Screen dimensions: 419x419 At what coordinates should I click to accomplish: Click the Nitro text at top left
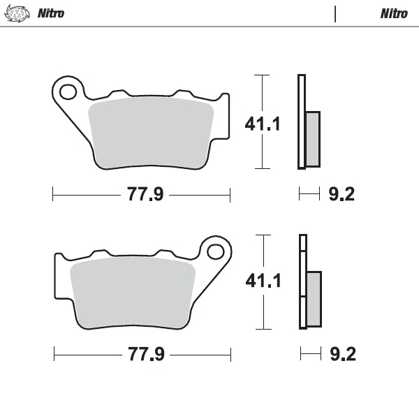[50, 13]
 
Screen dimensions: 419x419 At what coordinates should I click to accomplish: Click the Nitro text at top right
[394, 13]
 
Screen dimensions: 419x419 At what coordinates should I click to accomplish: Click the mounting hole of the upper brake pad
[68, 91]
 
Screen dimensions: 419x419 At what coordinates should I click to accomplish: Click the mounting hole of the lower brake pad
[216, 251]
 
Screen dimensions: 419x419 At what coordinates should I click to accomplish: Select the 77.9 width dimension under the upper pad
[145, 195]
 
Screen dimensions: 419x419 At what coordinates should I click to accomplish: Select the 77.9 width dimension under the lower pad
[145, 355]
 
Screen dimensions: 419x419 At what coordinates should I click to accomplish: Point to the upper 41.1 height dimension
[263, 124]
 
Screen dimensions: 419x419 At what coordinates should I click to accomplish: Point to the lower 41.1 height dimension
[263, 281]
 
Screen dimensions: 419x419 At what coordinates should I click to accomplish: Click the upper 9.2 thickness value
[341, 194]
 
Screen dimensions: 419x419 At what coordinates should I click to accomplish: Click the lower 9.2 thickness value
[342, 355]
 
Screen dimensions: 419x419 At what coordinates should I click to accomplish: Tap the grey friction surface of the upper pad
[150, 133]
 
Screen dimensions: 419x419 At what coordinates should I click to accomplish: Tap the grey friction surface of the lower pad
[133, 292]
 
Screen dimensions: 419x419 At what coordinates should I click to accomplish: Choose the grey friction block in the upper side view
[313, 139]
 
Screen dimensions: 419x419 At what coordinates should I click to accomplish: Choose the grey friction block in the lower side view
[314, 299]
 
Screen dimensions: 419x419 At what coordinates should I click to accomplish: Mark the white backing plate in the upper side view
[301, 122]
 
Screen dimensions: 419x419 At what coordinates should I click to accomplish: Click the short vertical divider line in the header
[336, 13]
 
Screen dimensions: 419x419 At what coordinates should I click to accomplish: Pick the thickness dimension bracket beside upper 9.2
[309, 194]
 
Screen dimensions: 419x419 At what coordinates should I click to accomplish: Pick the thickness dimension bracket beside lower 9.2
[309, 355]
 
